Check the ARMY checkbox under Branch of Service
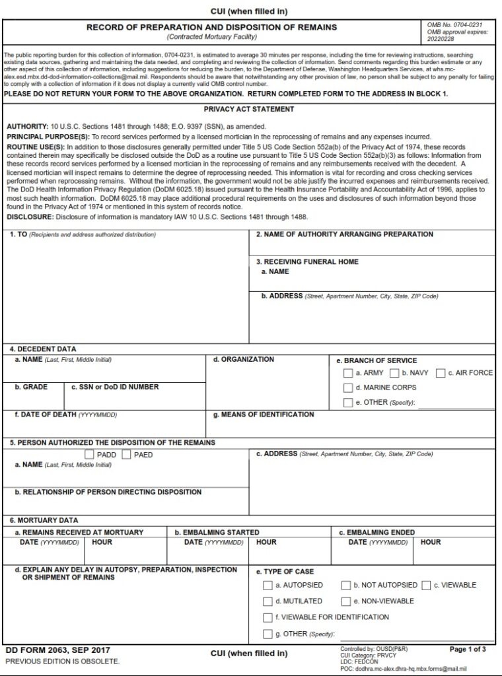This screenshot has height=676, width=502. click(348, 373)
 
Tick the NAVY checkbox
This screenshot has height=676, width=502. click(394, 373)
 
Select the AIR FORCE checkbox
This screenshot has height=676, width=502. click(441, 373)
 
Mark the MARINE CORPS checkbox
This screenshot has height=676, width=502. click(348, 388)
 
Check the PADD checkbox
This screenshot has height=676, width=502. click(90, 455)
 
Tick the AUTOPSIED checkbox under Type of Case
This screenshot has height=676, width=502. click(268, 585)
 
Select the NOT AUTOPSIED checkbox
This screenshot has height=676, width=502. click(346, 585)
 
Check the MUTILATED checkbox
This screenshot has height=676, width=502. click(268, 601)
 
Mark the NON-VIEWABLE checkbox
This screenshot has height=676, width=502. click(346, 601)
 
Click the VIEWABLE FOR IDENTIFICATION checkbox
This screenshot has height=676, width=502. click(268, 618)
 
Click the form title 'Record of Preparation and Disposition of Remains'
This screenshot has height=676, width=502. click(211, 28)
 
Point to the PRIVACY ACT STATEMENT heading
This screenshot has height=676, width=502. click(249, 110)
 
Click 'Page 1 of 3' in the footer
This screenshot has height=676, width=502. click(468, 650)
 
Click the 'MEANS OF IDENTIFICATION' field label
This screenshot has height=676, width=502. click(264, 415)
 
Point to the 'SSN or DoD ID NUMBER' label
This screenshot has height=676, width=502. click(115, 388)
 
